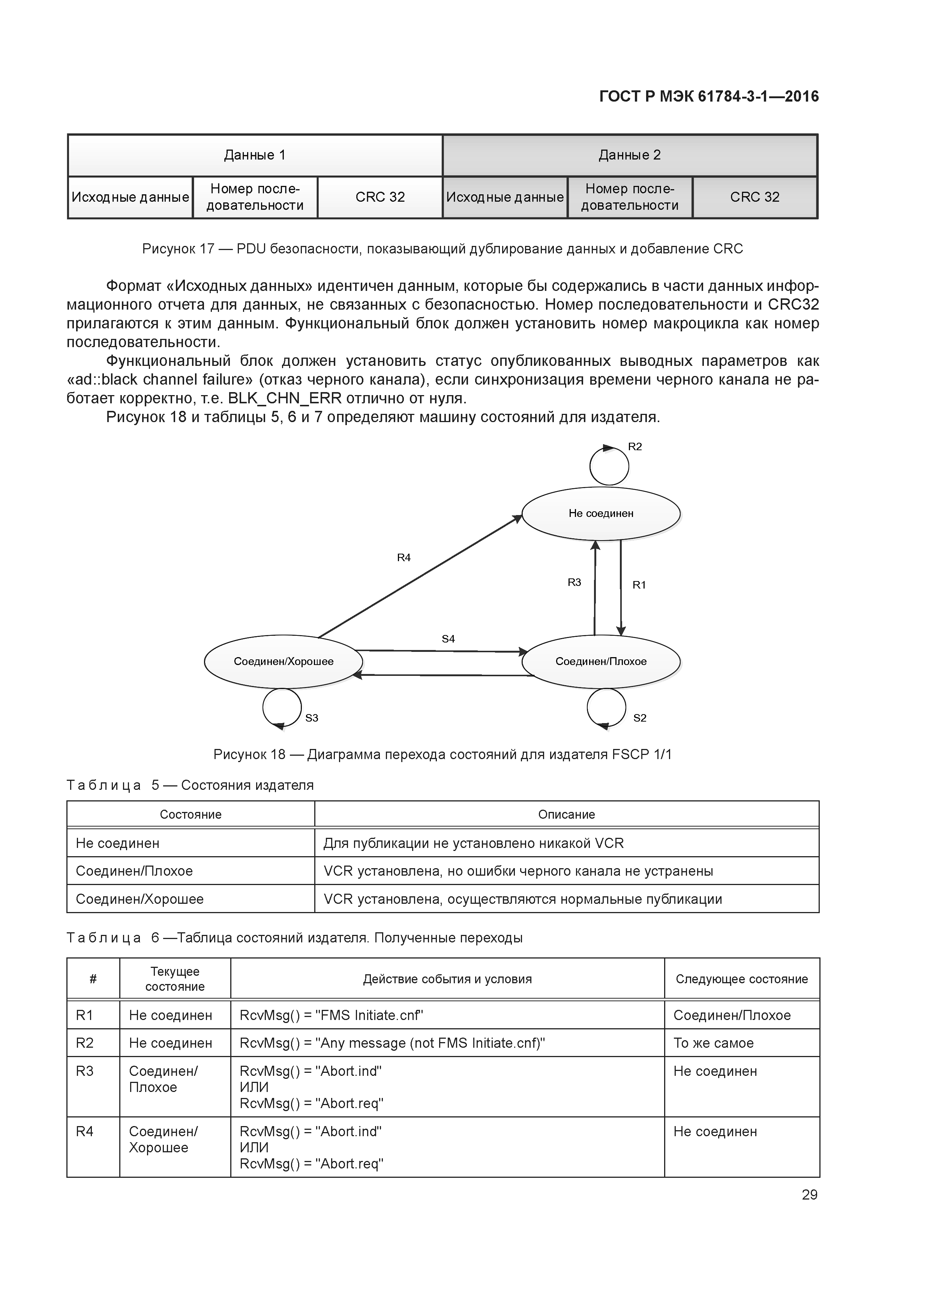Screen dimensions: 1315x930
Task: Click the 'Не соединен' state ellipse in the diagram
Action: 600,513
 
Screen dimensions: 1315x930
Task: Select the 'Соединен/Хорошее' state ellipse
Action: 283,662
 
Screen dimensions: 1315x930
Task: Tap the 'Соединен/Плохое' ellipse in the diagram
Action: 600,662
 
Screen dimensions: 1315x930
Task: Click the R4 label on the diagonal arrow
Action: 404,557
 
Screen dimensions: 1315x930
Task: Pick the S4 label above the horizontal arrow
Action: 448,639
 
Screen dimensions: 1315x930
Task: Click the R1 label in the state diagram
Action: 639,585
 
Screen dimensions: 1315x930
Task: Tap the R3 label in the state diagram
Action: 574,583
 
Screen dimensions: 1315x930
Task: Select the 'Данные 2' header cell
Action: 630,155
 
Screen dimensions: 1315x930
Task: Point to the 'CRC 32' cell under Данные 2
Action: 754,197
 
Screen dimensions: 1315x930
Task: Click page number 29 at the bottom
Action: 810,1195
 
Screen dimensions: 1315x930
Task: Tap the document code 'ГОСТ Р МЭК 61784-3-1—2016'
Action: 709,97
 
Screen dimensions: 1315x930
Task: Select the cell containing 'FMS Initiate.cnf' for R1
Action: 447,1015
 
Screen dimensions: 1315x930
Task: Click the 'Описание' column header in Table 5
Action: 566,815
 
